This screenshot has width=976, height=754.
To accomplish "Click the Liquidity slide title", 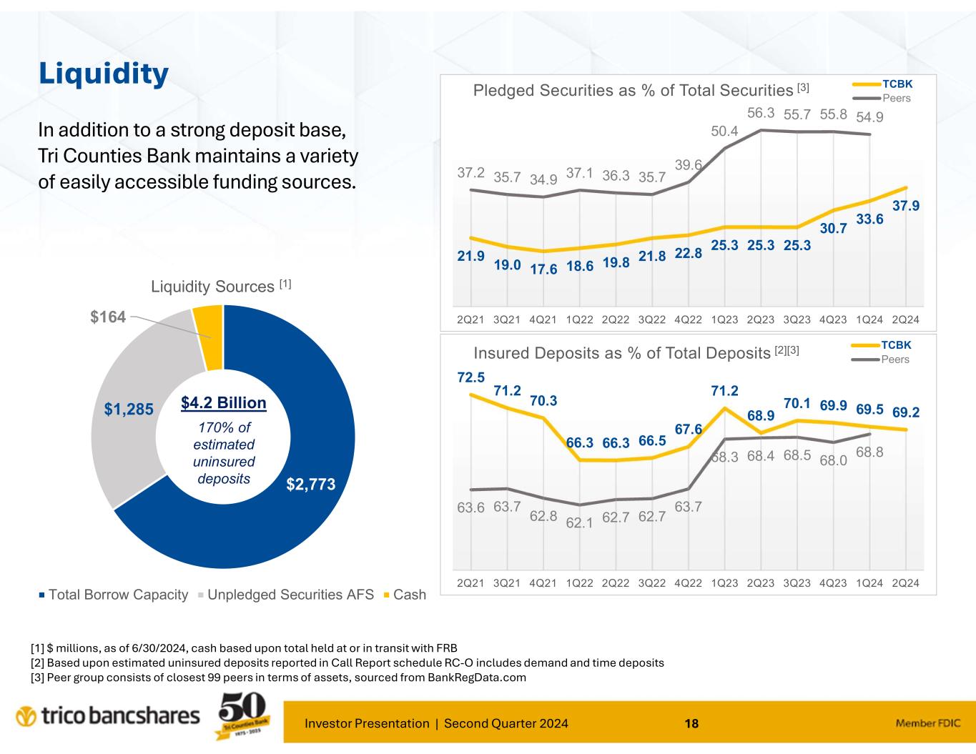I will tap(104, 73).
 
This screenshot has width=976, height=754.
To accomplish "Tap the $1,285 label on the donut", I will tap(128, 410).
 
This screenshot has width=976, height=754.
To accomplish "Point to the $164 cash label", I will tap(108, 317).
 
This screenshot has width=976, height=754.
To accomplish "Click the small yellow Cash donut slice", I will tap(208, 337).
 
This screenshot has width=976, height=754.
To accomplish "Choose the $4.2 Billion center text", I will tap(223, 403).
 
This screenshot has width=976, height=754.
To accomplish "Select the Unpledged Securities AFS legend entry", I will tap(286, 595).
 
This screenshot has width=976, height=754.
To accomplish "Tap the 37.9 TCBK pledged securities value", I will tap(906, 206).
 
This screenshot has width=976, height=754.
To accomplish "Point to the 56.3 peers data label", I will tap(761, 113).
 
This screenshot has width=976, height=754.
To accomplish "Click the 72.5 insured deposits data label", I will tap(471, 375).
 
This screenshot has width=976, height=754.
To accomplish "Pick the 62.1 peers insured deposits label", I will tap(580, 522).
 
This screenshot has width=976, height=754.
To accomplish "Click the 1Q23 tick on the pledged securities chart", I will tap(724, 319).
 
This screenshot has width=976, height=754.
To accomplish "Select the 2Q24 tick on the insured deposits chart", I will tap(906, 582).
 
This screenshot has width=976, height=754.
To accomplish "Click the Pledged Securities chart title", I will tap(633, 91).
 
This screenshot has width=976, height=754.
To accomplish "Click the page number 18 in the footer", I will tap(691, 724).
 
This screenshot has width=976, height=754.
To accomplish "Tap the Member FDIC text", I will tap(927, 724).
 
